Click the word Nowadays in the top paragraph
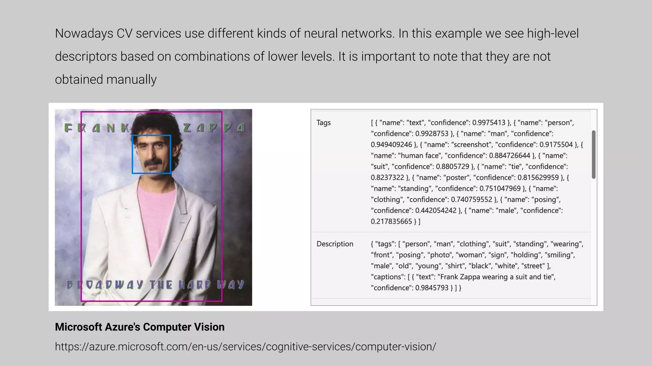pos(84,34)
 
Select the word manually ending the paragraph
pos(131,80)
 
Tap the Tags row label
pos(323,123)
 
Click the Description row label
pos(335,244)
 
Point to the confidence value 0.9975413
pos(489,123)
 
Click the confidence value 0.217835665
pos(391,221)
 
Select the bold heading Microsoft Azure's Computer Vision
pos(139,327)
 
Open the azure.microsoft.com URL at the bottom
pos(245,347)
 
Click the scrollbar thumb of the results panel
pos(593,154)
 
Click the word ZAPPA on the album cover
pos(214,128)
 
